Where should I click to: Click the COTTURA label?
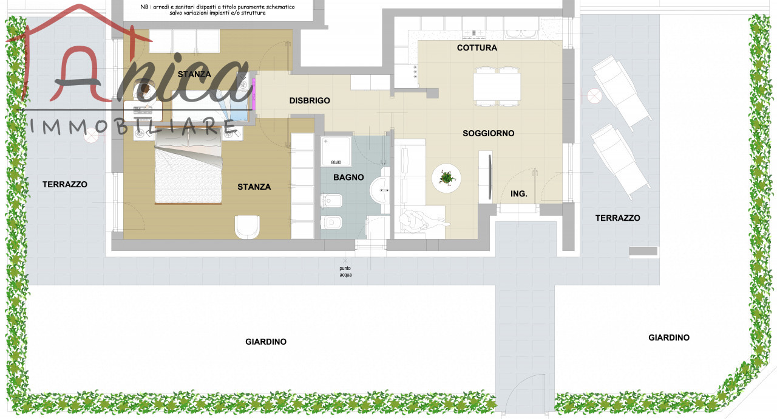click(477, 47)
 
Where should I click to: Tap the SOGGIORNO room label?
click(489, 133)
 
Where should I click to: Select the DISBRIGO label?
click(310, 100)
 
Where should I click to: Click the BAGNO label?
click(348, 177)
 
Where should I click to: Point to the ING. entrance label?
click(519, 194)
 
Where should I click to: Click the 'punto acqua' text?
click(345, 271)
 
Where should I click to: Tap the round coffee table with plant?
click(446, 178)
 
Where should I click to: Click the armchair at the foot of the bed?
click(247, 226)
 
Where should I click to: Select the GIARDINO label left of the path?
click(266, 342)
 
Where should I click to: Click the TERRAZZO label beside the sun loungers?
click(618, 218)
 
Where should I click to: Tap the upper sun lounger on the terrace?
click(622, 92)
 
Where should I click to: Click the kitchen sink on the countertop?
click(521, 34)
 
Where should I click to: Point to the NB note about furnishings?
click(217, 10)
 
